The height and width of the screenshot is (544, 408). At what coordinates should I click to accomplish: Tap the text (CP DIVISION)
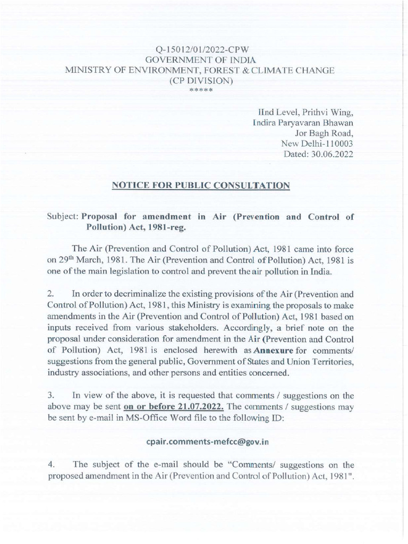[200, 81]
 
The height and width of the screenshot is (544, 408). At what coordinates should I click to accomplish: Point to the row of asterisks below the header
[201, 90]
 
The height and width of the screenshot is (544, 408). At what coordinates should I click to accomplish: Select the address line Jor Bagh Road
[324, 133]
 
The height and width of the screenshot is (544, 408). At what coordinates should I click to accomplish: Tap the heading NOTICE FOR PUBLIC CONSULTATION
[200, 185]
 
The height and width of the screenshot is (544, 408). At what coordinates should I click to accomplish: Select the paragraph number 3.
[52, 395]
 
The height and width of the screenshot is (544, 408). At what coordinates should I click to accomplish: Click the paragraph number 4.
[52, 463]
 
